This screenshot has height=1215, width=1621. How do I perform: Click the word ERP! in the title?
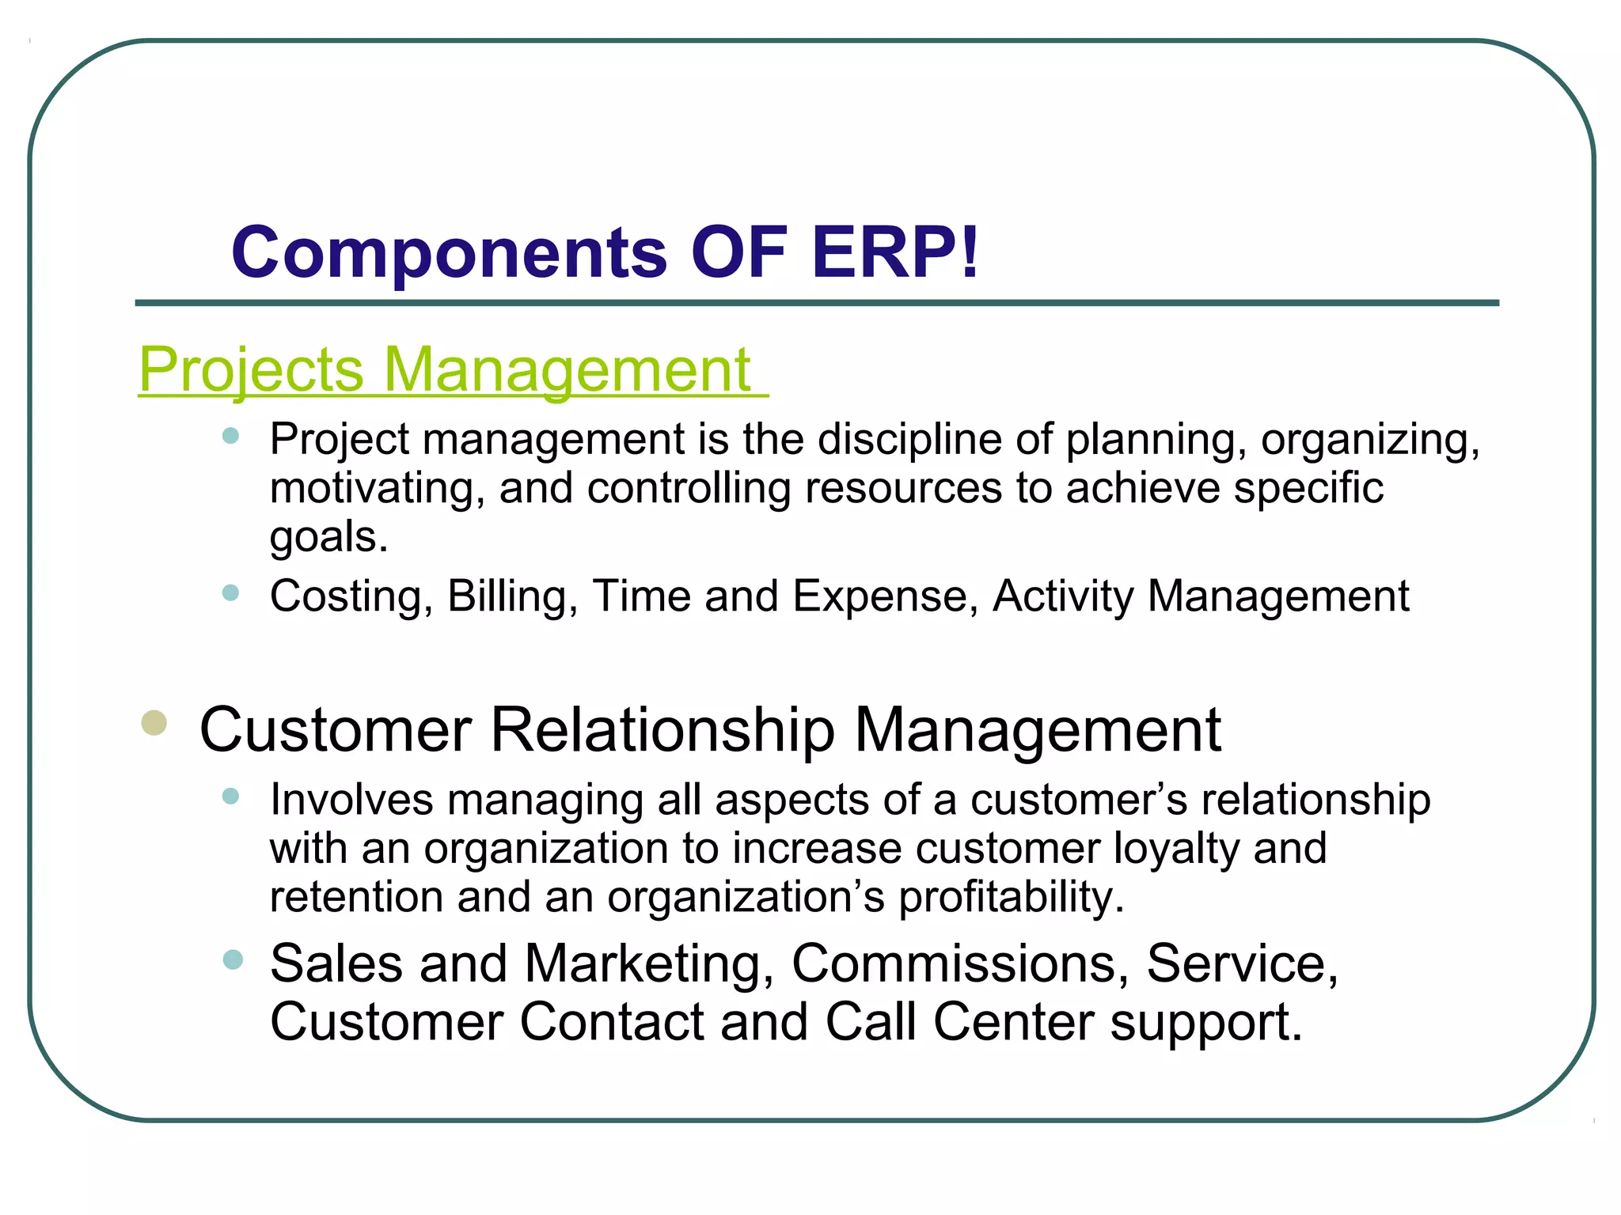tap(894, 253)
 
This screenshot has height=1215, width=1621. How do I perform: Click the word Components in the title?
tap(450, 253)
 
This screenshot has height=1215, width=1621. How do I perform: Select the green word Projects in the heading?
tap(251, 369)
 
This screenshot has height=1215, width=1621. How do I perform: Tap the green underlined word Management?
tap(568, 369)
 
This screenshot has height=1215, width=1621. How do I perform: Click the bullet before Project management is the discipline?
tap(230, 436)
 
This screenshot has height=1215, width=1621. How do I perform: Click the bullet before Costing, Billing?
tap(230, 592)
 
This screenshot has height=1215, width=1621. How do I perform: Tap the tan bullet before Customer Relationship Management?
tap(154, 722)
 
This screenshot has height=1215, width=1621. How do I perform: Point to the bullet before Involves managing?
tap(230, 796)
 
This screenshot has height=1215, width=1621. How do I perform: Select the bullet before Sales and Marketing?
tap(233, 960)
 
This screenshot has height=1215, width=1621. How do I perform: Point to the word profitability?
tap(1010, 897)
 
